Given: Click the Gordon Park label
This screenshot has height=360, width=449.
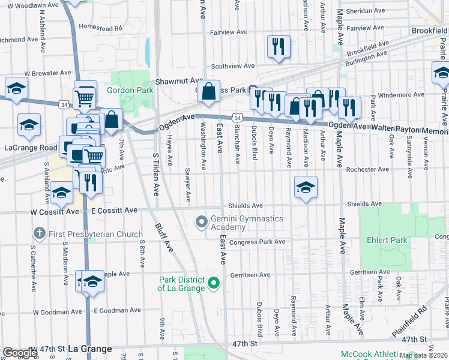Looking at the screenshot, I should pos(130,91).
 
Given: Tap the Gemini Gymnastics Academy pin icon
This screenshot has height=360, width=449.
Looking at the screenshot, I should pos(202,223).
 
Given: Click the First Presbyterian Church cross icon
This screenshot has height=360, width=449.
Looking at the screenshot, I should pos(40,233).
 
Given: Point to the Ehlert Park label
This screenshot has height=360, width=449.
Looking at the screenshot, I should pos(387,241).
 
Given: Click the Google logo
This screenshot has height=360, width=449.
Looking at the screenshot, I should pos(20,352).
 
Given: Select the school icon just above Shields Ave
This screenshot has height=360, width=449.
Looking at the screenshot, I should pos(306,187).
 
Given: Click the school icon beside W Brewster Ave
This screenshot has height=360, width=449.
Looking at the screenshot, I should pos(17,88).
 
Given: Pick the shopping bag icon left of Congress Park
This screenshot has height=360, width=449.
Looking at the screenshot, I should pos(208,92).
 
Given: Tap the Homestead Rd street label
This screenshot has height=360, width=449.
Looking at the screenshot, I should pos(100,28).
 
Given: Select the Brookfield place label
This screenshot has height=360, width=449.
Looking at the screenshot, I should pos(429,31).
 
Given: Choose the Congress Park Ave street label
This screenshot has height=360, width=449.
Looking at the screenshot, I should pos(257,242).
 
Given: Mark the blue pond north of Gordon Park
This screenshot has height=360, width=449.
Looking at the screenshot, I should pos(147,52).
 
